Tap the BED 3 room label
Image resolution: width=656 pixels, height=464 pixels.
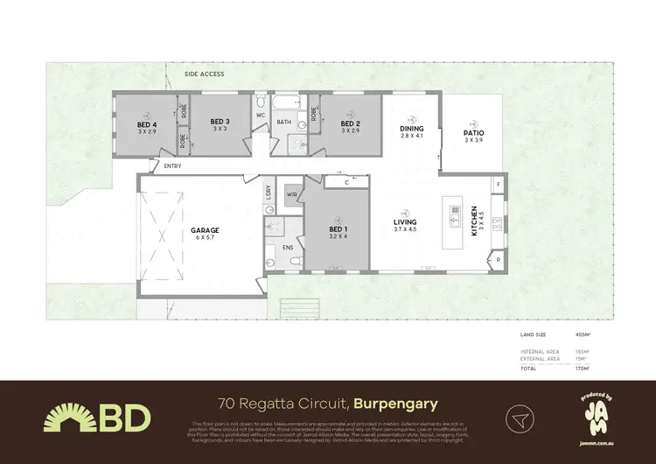[x=220, y=123]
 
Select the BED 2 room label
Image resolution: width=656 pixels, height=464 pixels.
[x=351, y=124]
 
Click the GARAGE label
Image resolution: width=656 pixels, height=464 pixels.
[x=206, y=231]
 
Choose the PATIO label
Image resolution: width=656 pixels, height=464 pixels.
[x=474, y=133]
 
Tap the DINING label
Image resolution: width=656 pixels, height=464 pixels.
[x=412, y=130]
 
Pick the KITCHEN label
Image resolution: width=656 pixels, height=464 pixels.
[x=475, y=221]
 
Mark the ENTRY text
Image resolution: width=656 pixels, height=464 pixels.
[x=172, y=165]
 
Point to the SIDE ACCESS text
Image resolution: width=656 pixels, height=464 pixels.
[x=204, y=74]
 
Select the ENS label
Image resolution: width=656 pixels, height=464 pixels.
[x=288, y=248]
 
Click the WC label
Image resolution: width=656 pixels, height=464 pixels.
[x=261, y=115]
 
